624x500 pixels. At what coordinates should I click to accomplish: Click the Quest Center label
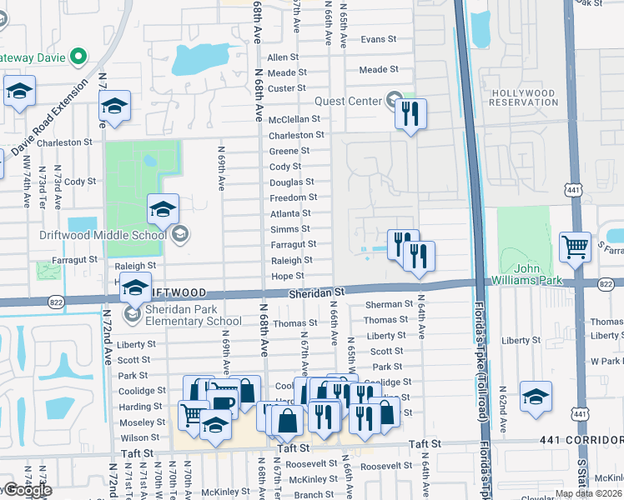[x=348, y=102]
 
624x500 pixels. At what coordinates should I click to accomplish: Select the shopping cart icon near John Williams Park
[x=575, y=247]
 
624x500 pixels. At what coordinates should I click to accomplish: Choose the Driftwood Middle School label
[x=103, y=234]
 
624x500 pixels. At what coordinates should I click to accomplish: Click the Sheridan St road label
[x=316, y=292]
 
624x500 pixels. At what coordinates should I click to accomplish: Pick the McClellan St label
[x=294, y=119]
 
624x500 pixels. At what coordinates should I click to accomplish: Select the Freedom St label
[x=293, y=197]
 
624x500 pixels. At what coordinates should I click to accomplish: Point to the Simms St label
[x=289, y=229]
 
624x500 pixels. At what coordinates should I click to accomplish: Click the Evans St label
[x=377, y=39]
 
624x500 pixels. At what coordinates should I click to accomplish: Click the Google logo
[x=27, y=490]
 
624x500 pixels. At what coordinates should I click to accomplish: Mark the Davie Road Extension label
[x=48, y=118]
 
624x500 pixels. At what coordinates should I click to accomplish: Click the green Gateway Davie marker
[x=78, y=57]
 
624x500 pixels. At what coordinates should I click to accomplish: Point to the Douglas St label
[x=291, y=182]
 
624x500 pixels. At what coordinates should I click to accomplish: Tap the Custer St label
[x=287, y=88]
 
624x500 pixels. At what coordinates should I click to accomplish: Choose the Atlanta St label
[x=290, y=213]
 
